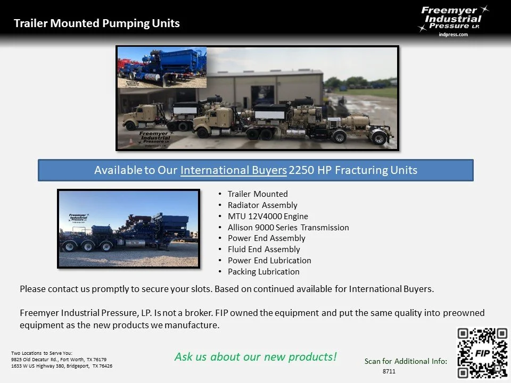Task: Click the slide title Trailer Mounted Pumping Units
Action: [96, 23]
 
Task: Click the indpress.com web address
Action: [453, 35]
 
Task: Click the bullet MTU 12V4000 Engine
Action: [268, 216]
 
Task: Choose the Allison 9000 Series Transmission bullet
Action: [288, 227]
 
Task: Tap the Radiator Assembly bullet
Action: [262, 205]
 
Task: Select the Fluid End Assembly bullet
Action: [263, 249]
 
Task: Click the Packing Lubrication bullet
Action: [263, 271]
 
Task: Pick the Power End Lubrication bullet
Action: [269, 260]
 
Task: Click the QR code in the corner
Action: [482, 353]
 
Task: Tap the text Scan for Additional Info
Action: [406, 361]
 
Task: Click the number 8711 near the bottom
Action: [389, 371]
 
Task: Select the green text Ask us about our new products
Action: [256, 356]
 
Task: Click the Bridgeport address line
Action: [62, 366]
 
